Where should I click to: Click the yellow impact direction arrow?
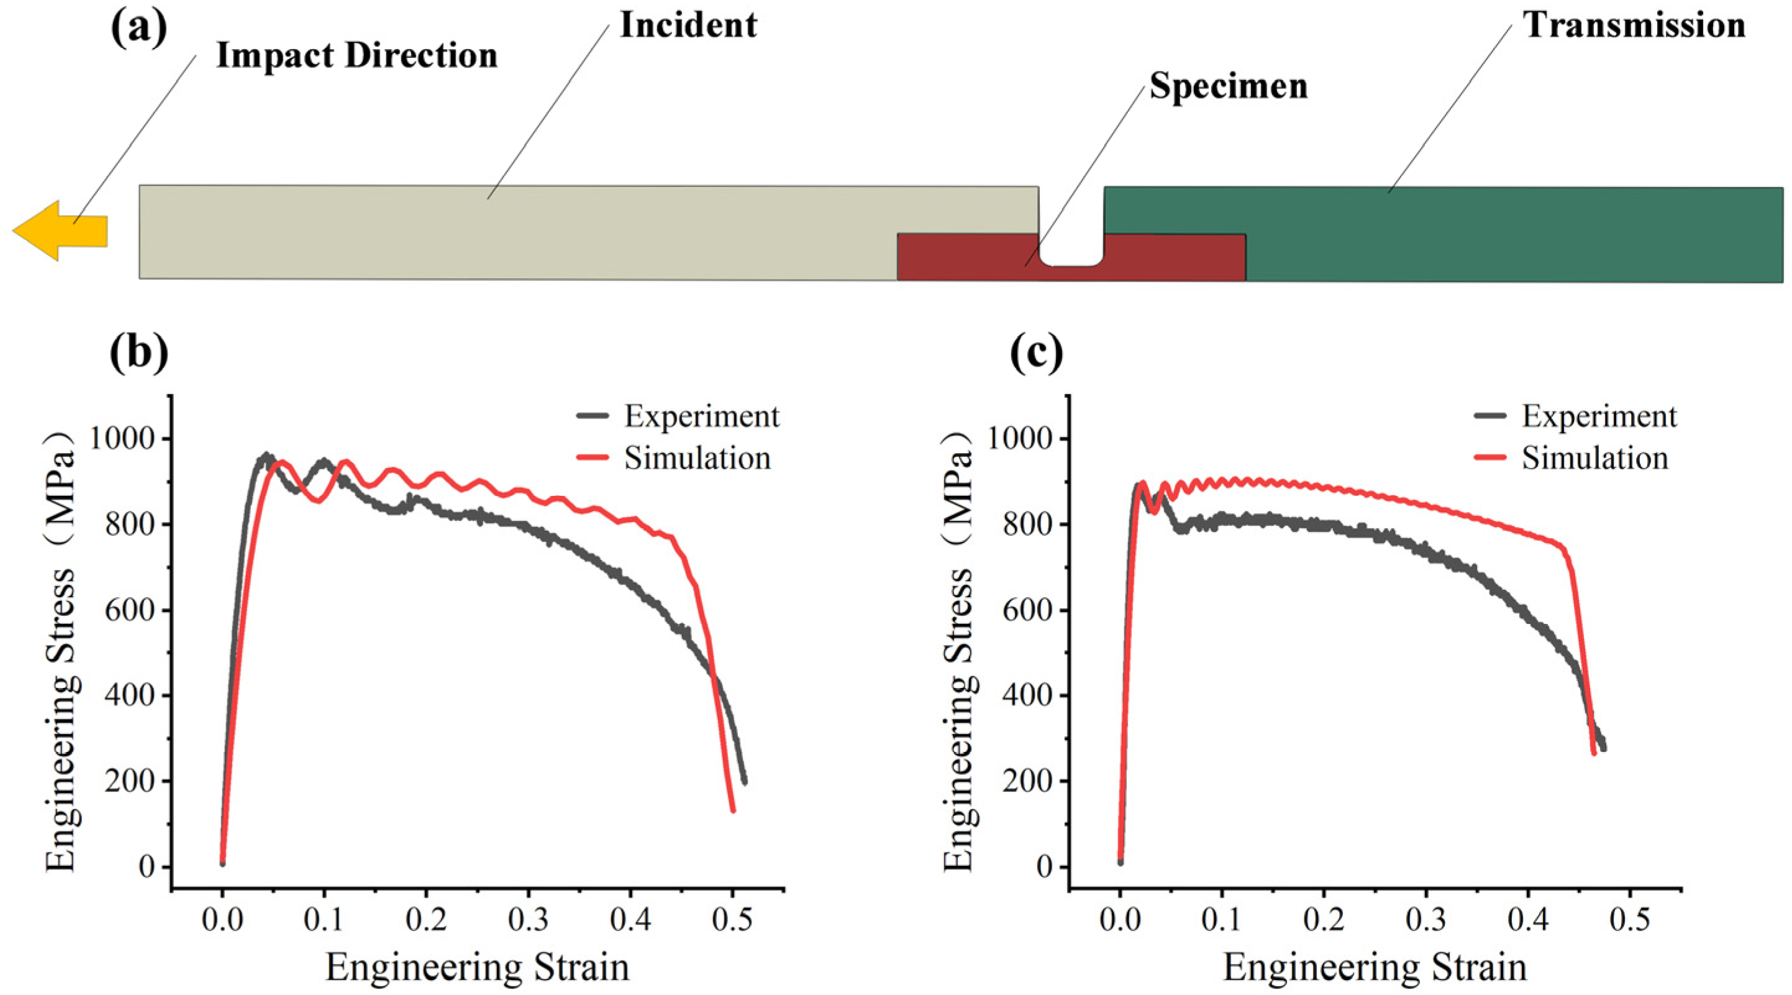point(60,231)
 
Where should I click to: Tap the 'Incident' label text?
point(688,25)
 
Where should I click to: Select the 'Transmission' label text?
point(1634,25)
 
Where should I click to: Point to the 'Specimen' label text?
point(1229,87)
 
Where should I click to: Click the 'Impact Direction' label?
point(357,56)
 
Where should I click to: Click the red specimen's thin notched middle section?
point(1071,273)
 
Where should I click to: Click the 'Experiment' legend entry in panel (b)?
point(678,416)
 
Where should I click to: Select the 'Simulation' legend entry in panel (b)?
point(674,458)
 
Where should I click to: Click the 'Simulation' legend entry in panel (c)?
point(1571,458)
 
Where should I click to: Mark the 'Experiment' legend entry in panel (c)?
point(1576,416)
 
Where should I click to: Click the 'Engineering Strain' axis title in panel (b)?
point(477,968)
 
